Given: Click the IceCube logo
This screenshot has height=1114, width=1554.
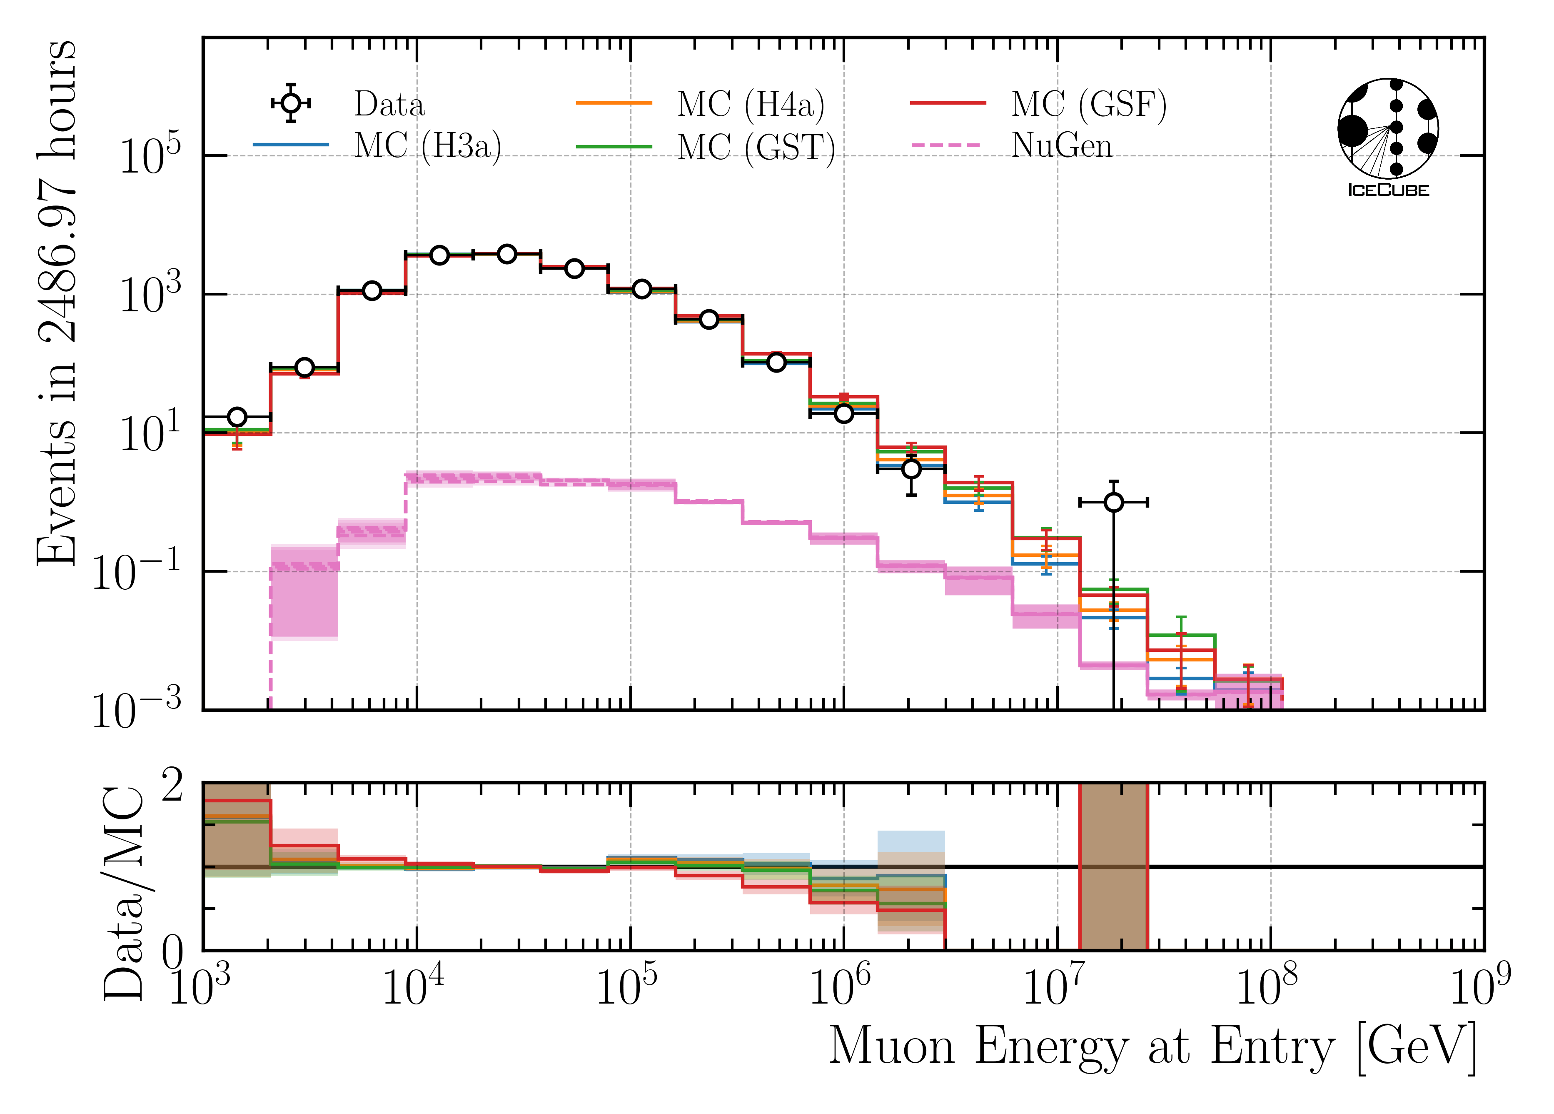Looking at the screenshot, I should (1387, 137).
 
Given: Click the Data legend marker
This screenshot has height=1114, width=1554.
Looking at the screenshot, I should (291, 103).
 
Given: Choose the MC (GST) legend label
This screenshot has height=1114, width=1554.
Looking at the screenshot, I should (756, 147).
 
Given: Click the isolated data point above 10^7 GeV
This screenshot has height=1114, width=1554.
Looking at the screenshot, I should (1113, 503).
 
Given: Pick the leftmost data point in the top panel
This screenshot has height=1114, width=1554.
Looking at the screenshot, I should (237, 417).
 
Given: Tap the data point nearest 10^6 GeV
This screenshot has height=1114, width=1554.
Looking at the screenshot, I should (843, 413).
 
